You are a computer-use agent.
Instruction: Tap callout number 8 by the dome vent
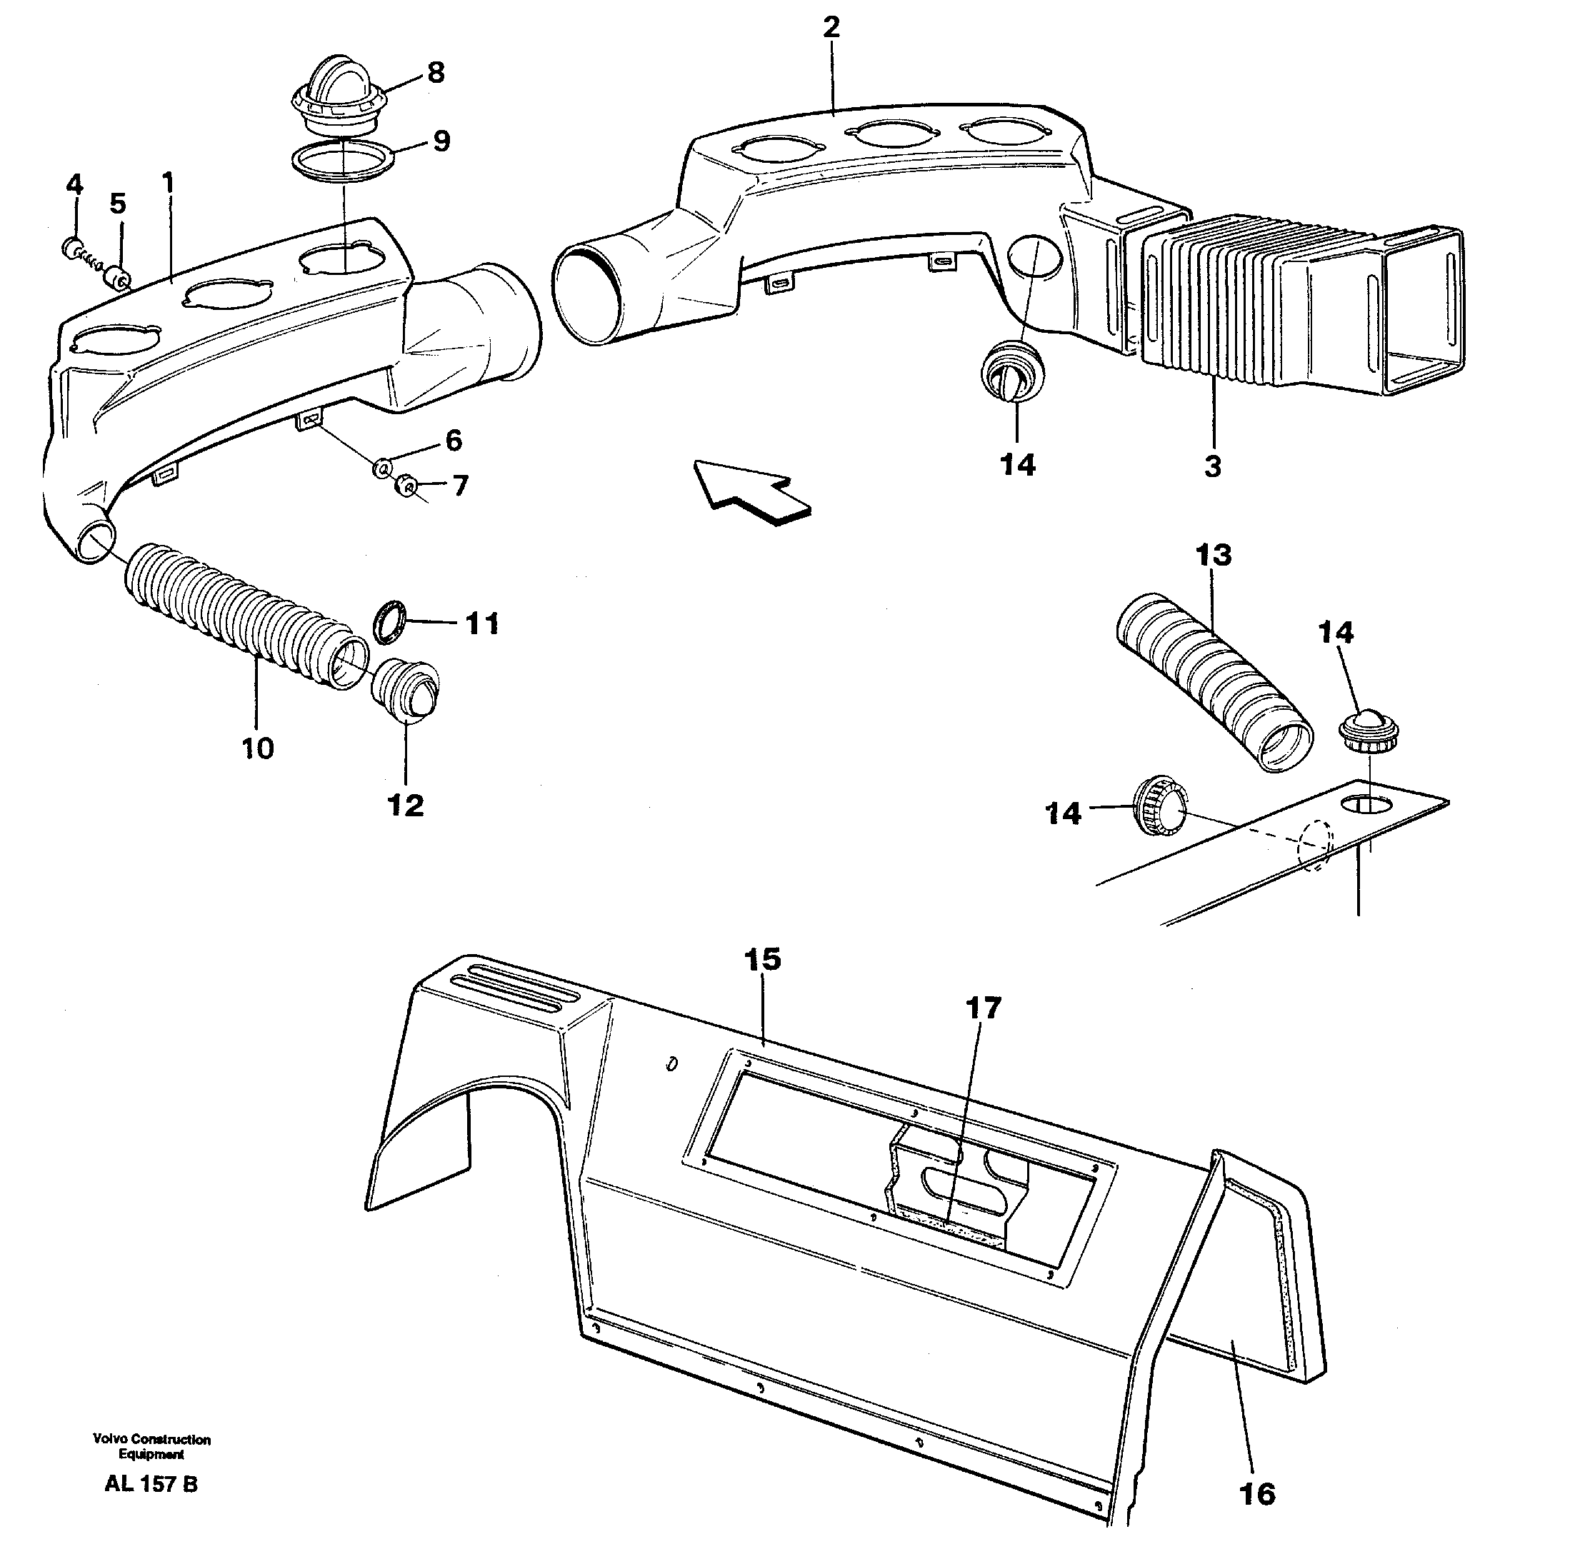[436, 73]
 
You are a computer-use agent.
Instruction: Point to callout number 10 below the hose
[258, 748]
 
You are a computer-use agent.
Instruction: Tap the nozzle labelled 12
[406, 690]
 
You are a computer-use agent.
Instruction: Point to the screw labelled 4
[75, 247]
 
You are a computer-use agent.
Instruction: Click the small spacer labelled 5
[119, 278]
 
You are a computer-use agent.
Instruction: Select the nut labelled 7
[406, 486]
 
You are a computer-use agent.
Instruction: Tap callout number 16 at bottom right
[1257, 1494]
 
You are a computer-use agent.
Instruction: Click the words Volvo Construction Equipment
[152, 1447]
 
